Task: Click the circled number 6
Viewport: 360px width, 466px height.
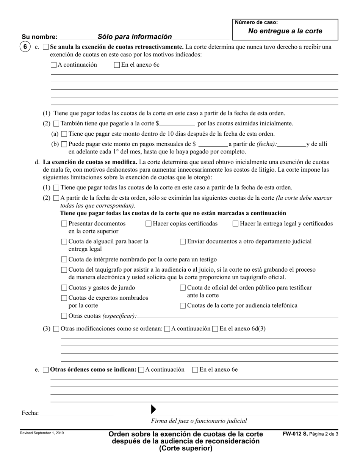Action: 25,47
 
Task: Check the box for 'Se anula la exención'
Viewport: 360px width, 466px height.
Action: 46,47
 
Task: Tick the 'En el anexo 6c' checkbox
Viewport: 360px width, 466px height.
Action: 117,65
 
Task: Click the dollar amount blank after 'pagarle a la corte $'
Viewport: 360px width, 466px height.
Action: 177,124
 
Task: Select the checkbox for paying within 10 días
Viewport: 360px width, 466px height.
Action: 64,134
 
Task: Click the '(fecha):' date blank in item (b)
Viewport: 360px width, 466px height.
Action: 291,144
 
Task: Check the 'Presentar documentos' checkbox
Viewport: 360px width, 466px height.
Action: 64,224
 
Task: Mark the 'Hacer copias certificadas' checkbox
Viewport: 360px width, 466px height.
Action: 149,224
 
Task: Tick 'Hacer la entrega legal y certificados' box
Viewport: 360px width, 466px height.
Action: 235,224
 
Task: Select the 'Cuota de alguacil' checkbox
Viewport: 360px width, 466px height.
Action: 64,242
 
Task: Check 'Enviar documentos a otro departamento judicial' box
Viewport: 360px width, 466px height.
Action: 183,242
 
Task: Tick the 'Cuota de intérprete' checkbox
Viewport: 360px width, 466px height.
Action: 64,260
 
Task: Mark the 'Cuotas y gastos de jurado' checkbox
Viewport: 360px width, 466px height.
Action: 64,288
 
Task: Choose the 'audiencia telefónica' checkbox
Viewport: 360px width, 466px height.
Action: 183,306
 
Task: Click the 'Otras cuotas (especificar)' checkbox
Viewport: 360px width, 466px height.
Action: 64,316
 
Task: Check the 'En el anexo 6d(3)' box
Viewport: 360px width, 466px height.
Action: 215,329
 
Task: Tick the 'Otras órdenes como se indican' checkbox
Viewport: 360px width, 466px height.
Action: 46,370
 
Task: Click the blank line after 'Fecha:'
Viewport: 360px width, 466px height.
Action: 77,413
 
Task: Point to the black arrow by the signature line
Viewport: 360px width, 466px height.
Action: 153,409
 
